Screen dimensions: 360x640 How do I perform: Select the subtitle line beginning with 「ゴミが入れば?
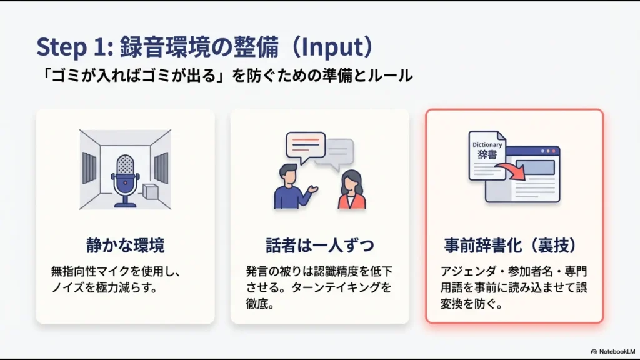224,76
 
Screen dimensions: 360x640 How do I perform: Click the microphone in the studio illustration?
125,171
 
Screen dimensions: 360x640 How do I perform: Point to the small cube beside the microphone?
149,191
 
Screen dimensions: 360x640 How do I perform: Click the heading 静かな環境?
125,246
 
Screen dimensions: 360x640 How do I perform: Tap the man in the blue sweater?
292,187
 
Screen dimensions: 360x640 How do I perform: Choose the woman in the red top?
352,191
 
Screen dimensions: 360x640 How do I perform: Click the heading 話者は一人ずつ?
319,246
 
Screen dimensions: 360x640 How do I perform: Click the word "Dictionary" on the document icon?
487,145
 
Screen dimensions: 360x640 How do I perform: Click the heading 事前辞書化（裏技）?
514,246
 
